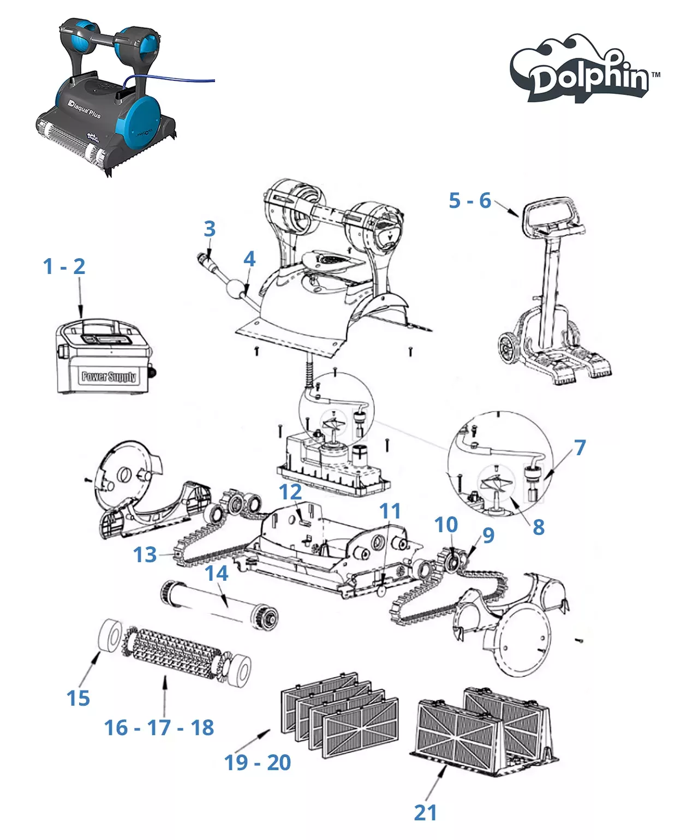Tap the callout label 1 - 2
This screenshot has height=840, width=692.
[64, 266]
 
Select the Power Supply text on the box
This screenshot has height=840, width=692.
[109, 376]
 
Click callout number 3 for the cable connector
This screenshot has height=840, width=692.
[210, 229]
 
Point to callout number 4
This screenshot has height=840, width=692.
[249, 259]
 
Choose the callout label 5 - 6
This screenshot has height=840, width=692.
[470, 200]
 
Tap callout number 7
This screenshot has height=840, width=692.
[580, 448]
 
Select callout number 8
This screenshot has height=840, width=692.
[539, 527]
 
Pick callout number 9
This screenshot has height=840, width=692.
[488, 535]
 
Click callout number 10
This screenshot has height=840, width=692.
[446, 525]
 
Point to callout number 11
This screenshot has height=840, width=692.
[390, 511]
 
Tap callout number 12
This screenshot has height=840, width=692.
[290, 492]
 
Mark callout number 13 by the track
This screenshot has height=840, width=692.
[145, 555]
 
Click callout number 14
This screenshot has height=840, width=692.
[217, 573]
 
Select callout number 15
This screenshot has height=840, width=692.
[78, 698]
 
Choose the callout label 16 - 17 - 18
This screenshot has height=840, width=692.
[159, 728]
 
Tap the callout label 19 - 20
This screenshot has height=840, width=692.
[258, 762]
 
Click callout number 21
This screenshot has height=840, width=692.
[425, 813]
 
